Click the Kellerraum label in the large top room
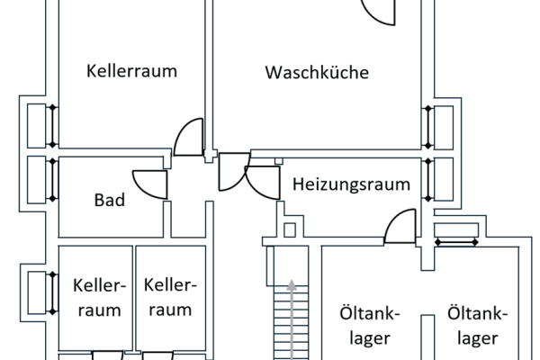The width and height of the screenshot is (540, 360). pyautogui.click(x=130, y=71)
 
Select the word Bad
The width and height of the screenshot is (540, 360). pyautogui.click(x=109, y=200)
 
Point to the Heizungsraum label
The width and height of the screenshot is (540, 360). pyautogui.click(x=352, y=184)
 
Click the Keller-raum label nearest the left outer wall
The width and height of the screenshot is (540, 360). pyautogui.click(x=96, y=297)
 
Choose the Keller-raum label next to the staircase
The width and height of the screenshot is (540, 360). pyautogui.click(x=168, y=297)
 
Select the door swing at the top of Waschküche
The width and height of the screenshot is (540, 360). pyautogui.click(x=377, y=11)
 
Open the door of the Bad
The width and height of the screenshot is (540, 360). pyautogui.click(x=155, y=184)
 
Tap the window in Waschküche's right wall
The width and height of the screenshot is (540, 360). pyautogui.click(x=443, y=124)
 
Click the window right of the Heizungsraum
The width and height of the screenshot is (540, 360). pyautogui.click(x=443, y=180)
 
